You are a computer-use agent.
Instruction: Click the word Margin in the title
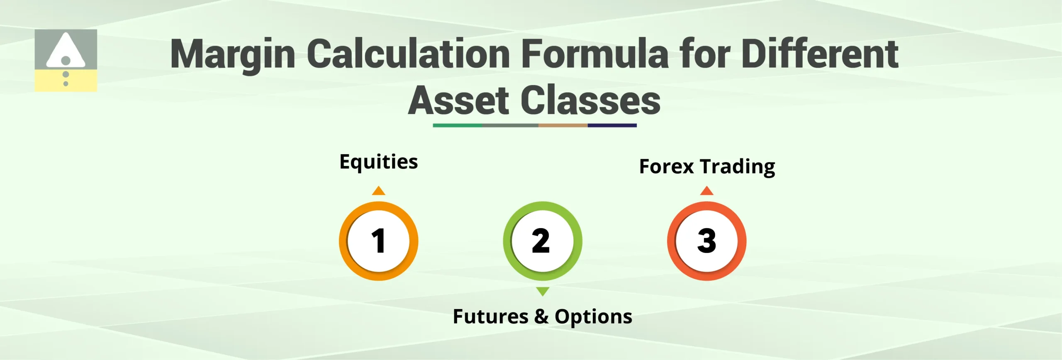[x=233, y=54]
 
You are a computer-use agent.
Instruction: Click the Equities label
[x=378, y=162]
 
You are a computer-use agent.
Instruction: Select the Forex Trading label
[x=707, y=167]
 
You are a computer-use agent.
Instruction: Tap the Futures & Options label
[x=542, y=317]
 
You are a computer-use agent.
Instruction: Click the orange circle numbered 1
[x=378, y=241]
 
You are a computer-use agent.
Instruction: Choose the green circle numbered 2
[x=542, y=241]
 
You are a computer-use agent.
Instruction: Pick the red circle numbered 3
[x=706, y=241]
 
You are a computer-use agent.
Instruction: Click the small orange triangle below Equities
[x=378, y=191]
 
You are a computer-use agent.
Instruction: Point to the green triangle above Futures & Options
[x=542, y=291]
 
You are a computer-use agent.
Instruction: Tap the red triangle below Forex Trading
[x=706, y=191]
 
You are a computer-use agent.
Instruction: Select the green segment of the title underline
[x=457, y=125]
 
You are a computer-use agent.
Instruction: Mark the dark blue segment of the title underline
[x=612, y=125]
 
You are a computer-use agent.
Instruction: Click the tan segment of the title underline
[x=563, y=125]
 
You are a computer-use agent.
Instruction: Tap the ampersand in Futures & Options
[x=541, y=317]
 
